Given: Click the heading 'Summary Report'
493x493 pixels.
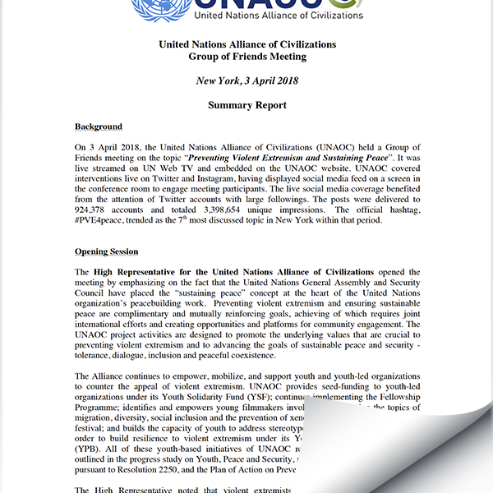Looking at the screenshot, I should click(x=246, y=105).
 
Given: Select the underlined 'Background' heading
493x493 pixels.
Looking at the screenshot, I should click(x=99, y=127).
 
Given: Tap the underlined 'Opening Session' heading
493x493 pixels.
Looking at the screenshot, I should click(x=106, y=251).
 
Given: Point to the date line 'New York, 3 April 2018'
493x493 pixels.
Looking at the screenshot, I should click(x=246, y=81).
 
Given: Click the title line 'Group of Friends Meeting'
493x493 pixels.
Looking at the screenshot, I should click(x=246, y=57).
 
